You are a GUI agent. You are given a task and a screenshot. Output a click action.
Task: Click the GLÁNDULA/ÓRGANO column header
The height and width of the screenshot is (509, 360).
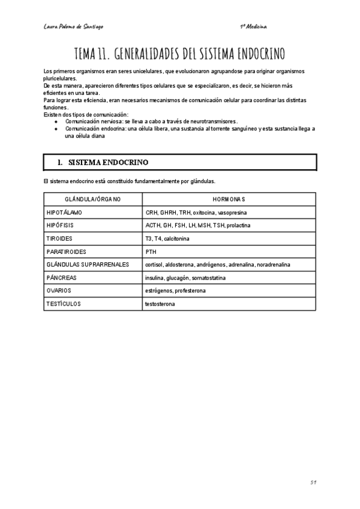click(93, 199)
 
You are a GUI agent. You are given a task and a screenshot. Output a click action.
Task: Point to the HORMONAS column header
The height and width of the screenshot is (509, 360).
click(229, 199)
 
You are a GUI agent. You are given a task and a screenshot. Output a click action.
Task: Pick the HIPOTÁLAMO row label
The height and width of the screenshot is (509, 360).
click(64, 212)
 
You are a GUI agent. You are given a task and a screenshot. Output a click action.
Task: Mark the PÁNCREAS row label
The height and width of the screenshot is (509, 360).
click(61, 278)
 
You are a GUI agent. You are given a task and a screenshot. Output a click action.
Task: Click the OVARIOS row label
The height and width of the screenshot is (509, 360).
click(59, 291)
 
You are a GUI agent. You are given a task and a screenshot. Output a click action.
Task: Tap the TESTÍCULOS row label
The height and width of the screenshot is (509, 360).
click(63, 304)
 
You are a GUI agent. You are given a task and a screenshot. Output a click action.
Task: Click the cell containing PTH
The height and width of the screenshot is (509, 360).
click(151, 252)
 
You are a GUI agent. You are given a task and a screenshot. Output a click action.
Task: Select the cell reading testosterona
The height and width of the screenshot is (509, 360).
click(160, 304)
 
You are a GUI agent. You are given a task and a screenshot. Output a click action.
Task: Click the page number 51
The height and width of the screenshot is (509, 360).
click(313, 482)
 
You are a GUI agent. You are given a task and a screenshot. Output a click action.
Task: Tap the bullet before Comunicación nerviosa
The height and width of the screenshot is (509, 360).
click(56, 121)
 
